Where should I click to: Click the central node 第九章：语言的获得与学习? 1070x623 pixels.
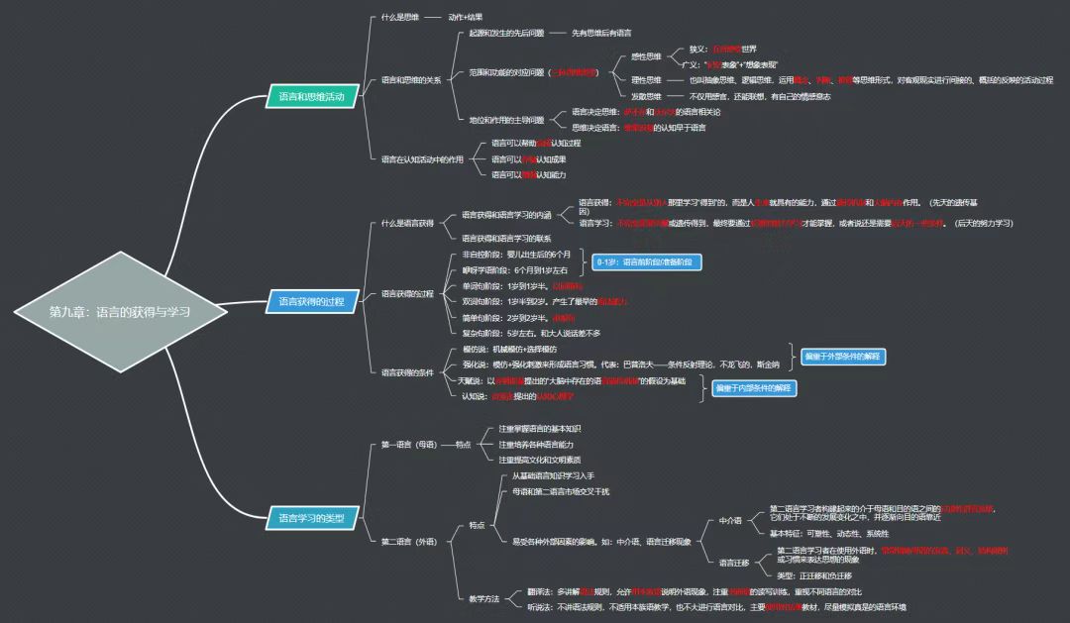[x=119, y=310]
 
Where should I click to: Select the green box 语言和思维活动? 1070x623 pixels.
[x=311, y=96]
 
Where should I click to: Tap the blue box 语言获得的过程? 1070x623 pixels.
[x=311, y=301]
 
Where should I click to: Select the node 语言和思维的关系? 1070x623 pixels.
[x=411, y=80]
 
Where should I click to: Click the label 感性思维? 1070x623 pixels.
[x=646, y=56]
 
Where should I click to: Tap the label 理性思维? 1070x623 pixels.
[x=646, y=80]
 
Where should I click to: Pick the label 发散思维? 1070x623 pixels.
[x=646, y=96]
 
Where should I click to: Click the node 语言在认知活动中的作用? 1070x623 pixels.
[x=422, y=158]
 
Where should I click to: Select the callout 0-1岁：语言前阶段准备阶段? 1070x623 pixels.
[x=648, y=261]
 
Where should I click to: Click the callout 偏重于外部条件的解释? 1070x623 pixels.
[x=842, y=356]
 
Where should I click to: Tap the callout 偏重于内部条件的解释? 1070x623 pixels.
[x=754, y=388]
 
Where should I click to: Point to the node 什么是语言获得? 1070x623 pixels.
[x=407, y=223]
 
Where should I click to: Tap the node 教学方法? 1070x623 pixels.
[x=485, y=597]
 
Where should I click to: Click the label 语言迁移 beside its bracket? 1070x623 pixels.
[x=733, y=562]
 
